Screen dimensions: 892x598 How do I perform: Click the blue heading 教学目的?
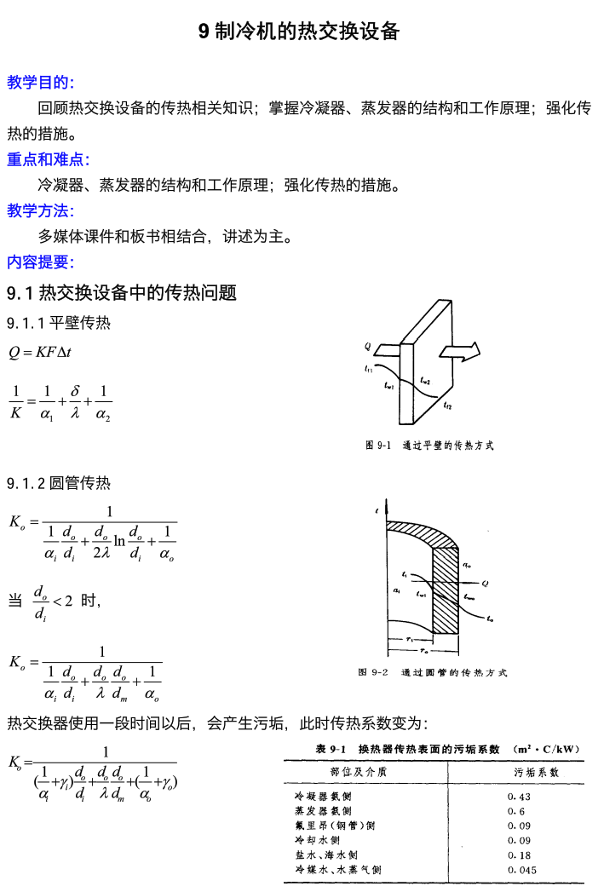[x=40, y=83]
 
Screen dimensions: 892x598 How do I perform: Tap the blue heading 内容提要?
[x=40, y=262]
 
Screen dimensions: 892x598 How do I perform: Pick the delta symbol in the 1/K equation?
[x=76, y=390]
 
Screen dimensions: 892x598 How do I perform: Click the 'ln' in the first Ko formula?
[x=119, y=539]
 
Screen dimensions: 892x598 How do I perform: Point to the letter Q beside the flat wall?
[x=367, y=346]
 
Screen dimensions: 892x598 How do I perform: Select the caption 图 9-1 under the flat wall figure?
[x=428, y=445]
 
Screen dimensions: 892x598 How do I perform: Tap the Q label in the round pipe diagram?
[x=485, y=584]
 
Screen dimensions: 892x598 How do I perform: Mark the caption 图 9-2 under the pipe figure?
[x=432, y=672]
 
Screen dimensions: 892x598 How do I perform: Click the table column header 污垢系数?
[x=536, y=772]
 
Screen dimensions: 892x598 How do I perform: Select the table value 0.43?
[x=519, y=797]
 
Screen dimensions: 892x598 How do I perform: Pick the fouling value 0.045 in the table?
[x=521, y=870]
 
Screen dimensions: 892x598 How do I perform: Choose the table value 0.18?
[x=519, y=855]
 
